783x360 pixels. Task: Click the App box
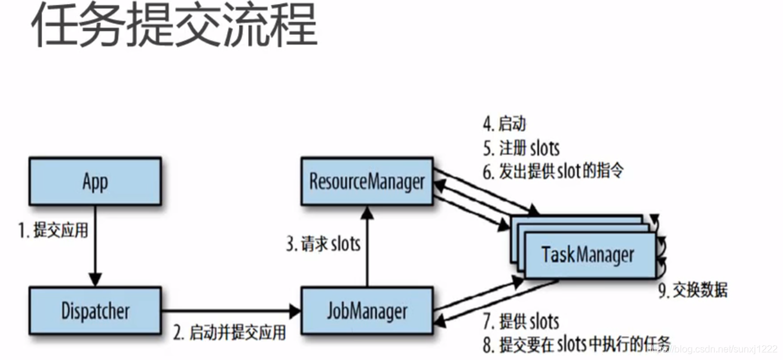click(94, 181)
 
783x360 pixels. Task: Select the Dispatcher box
click(94, 311)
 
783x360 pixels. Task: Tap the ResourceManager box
click(366, 181)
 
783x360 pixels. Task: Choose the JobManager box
click(366, 311)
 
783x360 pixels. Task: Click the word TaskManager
click(588, 255)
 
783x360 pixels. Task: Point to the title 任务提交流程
click(174, 27)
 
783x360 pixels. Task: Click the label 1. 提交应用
click(53, 231)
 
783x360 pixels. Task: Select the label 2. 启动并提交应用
click(229, 332)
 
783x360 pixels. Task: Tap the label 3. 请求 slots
click(323, 244)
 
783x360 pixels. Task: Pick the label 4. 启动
click(504, 124)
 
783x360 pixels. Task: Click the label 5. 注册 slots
click(521, 148)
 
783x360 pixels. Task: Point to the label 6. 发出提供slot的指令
click(553, 172)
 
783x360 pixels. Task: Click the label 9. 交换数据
click(693, 291)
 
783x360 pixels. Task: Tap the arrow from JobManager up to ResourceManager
click(366, 245)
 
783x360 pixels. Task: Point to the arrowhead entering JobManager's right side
click(439, 322)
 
